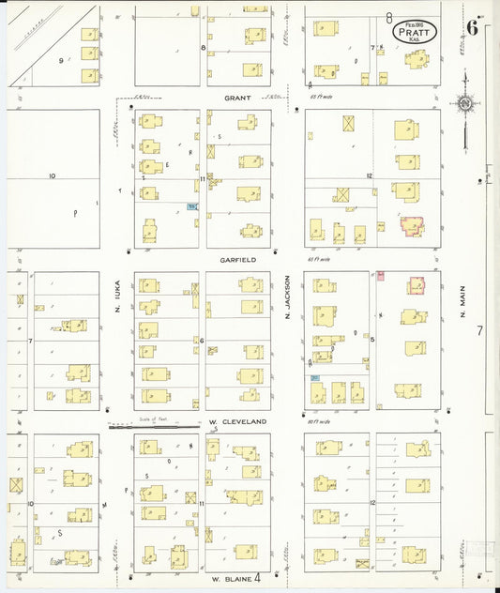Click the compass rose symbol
pyautogui.click(x=464, y=103)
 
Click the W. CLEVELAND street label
pyautogui.click(x=237, y=422)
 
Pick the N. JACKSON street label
pyautogui.click(x=287, y=303)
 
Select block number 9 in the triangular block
pyautogui.click(x=62, y=60)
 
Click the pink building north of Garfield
pyautogui.click(x=412, y=225)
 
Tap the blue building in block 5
pyautogui.click(x=315, y=376)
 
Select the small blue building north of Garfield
pyautogui.click(x=191, y=206)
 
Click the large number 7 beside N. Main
pyautogui.click(x=478, y=331)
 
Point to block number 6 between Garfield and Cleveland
pyautogui.click(x=202, y=341)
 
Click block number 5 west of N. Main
pyautogui.click(x=372, y=339)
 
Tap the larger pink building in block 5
pyautogui.click(x=416, y=285)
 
